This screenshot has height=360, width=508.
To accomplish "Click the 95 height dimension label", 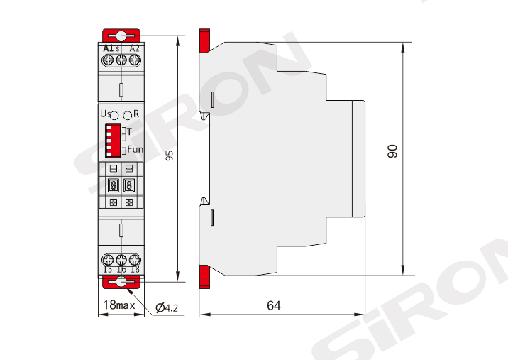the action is tap(169, 155).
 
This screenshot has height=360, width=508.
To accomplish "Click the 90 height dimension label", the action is tap(392, 151).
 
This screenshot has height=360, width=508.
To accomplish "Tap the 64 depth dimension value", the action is tap(274, 305).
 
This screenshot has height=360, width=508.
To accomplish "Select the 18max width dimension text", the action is tap(119, 305).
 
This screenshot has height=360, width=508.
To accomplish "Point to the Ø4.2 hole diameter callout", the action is tap(167, 307).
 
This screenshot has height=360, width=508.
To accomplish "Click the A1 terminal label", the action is tap(109, 49).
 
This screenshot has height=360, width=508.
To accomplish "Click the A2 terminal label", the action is tap(135, 49).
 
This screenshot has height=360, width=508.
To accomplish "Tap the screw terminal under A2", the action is tap(135, 60).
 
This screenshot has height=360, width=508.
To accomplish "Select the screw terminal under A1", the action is tap(108, 60).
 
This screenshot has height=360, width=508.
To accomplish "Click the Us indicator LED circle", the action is tap(114, 116).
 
